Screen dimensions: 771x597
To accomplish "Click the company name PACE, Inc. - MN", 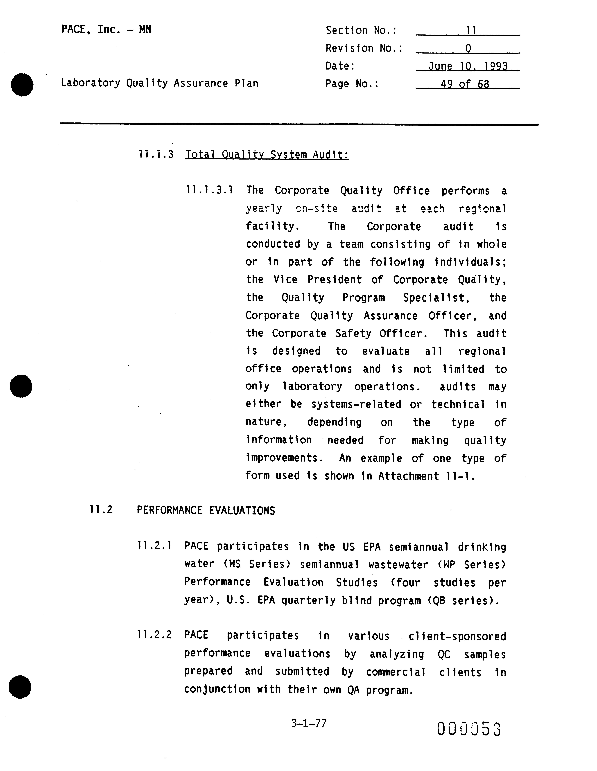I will (x=106, y=29).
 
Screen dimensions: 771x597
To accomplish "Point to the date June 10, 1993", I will (x=468, y=66).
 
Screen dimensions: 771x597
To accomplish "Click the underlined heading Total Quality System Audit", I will (x=267, y=155).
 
